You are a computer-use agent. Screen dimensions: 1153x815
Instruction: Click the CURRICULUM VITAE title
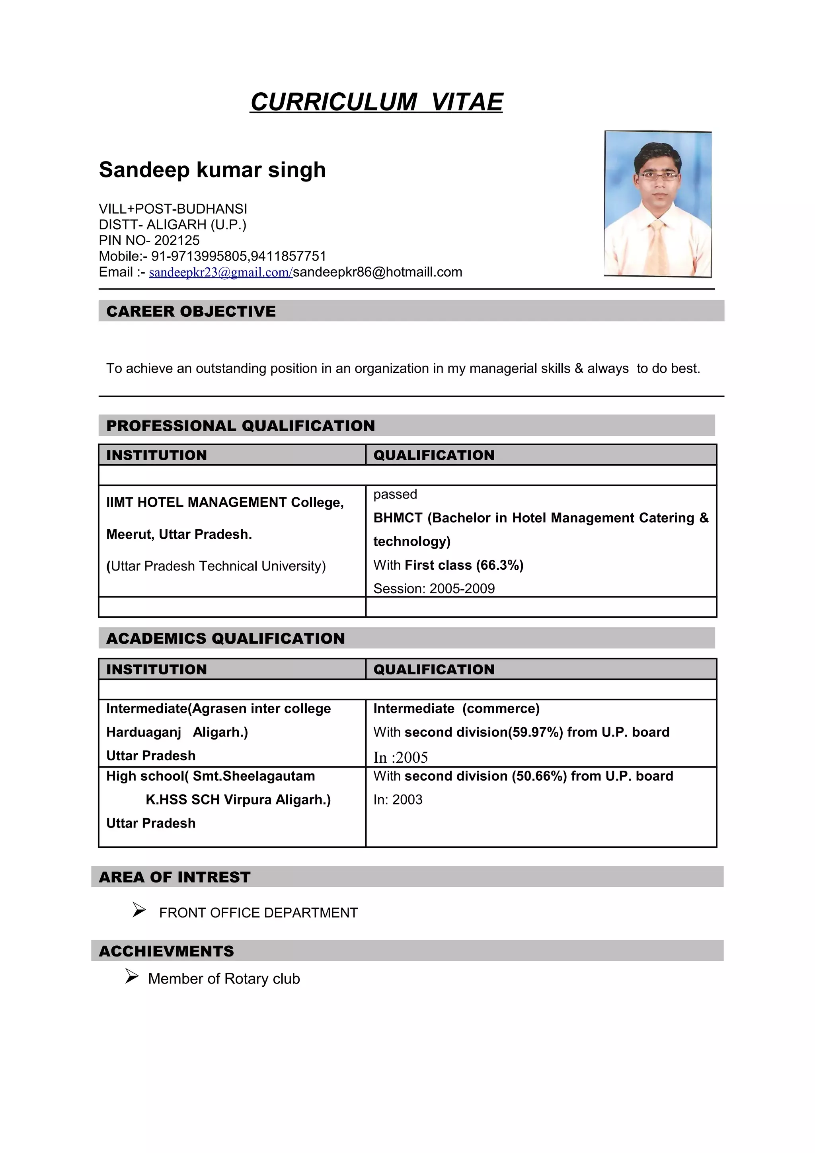(x=376, y=102)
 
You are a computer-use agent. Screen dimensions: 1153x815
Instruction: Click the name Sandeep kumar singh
(x=212, y=170)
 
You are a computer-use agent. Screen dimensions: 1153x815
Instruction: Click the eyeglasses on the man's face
(x=658, y=176)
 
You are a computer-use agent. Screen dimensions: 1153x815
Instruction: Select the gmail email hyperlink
(x=220, y=272)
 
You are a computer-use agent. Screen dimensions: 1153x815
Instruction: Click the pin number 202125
(x=177, y=241)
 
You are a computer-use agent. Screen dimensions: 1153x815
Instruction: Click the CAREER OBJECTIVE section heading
(x=191, y=312)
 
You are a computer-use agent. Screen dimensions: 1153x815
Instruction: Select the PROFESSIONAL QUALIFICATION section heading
(x=240, y=426)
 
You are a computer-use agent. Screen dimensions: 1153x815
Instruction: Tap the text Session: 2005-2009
(x=434, y=588)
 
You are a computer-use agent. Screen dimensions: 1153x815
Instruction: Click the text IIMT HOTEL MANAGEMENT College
(x=224, y=502)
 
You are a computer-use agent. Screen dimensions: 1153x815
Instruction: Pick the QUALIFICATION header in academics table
(x=434, y=670)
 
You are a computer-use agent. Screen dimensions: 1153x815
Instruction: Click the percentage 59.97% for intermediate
(x=536, y=732)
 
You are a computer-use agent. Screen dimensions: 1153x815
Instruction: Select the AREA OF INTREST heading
(x=174, y=877)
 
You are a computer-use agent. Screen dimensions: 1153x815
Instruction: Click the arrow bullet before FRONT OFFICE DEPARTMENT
(x=139, y=910)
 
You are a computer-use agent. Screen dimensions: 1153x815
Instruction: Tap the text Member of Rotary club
(x=224, y=979)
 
